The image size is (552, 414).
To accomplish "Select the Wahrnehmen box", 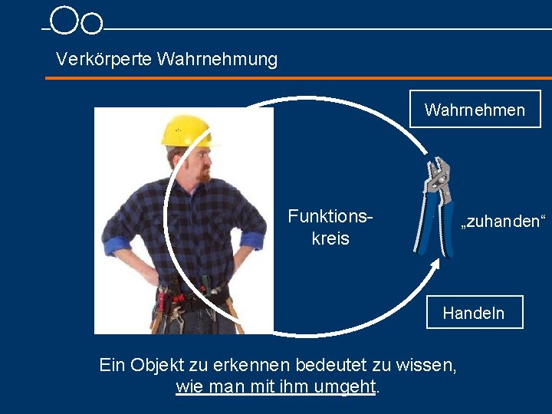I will pyautogui.click(x=475, y=110).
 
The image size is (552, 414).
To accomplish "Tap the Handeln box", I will pyautogui.click(x=474, y=313).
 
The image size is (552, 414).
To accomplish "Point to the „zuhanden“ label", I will pyautogui.click(x=502, y=223).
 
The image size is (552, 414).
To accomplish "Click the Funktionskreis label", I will pyautogui.click(x=330, y=228).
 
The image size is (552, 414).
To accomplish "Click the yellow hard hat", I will pyautogui.click(x=186, y=130).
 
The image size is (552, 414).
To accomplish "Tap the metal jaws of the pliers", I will pyautogui.click(x=439, y=172).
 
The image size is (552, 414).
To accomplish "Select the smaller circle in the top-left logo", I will pyautogui.click(x=92, y=24).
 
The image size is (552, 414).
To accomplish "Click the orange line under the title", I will pyautogui.click(x=299, y=77).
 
